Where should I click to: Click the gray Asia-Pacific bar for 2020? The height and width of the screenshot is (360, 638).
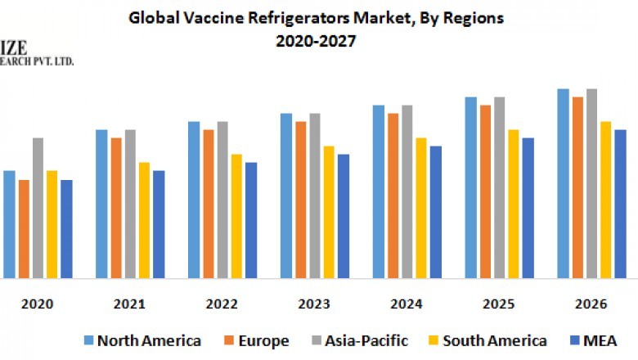(38, 208)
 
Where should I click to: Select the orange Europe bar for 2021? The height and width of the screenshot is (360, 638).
(116, 208)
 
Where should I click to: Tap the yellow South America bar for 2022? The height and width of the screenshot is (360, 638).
(236, 216)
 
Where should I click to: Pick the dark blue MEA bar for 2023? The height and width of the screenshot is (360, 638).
(344, 216)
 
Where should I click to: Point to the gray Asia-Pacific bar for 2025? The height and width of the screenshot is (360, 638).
(499, 187)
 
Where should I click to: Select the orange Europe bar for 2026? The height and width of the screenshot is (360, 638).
(577, 187)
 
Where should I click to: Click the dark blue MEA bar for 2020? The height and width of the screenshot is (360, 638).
(66, 229)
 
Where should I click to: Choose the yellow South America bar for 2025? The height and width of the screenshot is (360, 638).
(514, 204)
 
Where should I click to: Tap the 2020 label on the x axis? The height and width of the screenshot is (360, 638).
(37, 304)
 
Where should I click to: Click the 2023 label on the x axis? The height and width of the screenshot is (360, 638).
(314, 304)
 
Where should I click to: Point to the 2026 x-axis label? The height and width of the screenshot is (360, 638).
(591, 304)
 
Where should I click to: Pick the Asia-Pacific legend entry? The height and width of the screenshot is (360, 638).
(365, 340)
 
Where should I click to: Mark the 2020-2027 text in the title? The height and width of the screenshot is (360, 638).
(317, 40)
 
